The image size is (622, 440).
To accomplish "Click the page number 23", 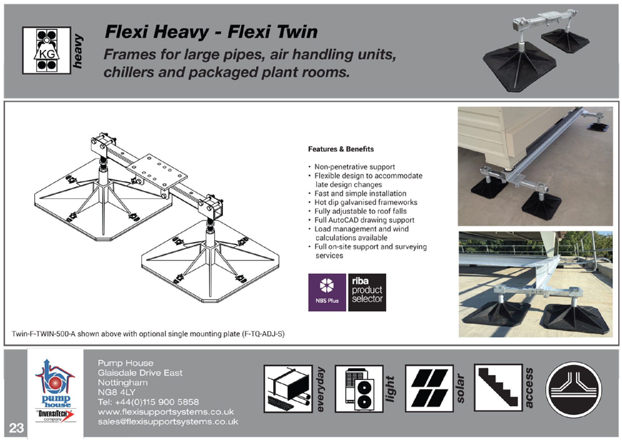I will [16, 427].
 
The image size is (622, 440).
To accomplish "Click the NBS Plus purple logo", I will [327, 292].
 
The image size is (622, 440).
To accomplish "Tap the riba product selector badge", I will [367, 292].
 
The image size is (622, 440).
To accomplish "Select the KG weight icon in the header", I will [47, 50].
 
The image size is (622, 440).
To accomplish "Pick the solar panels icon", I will [429, 388].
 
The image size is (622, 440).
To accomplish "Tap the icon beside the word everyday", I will [288, 388].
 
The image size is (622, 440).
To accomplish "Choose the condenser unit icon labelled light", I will [359, 388].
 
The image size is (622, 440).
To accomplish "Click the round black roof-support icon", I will [574, 389].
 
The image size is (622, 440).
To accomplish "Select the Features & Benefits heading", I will [341, 149].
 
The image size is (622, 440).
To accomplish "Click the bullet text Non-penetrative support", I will [354, 167].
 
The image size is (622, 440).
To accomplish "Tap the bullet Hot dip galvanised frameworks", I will [366, 202].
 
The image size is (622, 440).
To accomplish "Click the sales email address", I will [168, 422].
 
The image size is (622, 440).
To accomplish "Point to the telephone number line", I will [148, 402].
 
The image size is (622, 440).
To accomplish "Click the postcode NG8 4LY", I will [117, 392].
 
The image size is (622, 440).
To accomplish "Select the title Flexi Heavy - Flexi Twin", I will [211, 32].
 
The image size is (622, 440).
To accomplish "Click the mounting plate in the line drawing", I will [158, 172].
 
